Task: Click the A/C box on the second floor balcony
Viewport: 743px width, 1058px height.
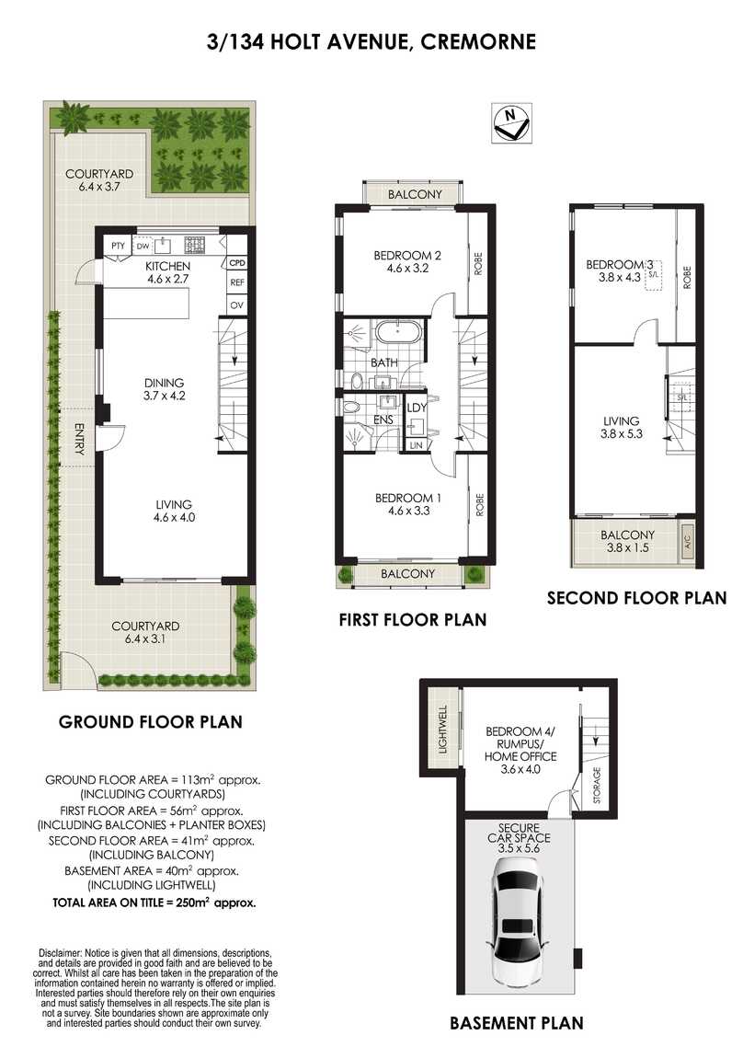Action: (686, 543)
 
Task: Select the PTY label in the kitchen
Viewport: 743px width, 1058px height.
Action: (118, 246)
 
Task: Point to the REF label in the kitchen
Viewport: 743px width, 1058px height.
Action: (236, 283)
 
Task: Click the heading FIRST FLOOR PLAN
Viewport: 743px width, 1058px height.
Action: (412, 620)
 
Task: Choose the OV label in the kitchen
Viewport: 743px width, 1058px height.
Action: (236, 305)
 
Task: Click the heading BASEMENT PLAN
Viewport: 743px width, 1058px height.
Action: (516, 1022)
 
